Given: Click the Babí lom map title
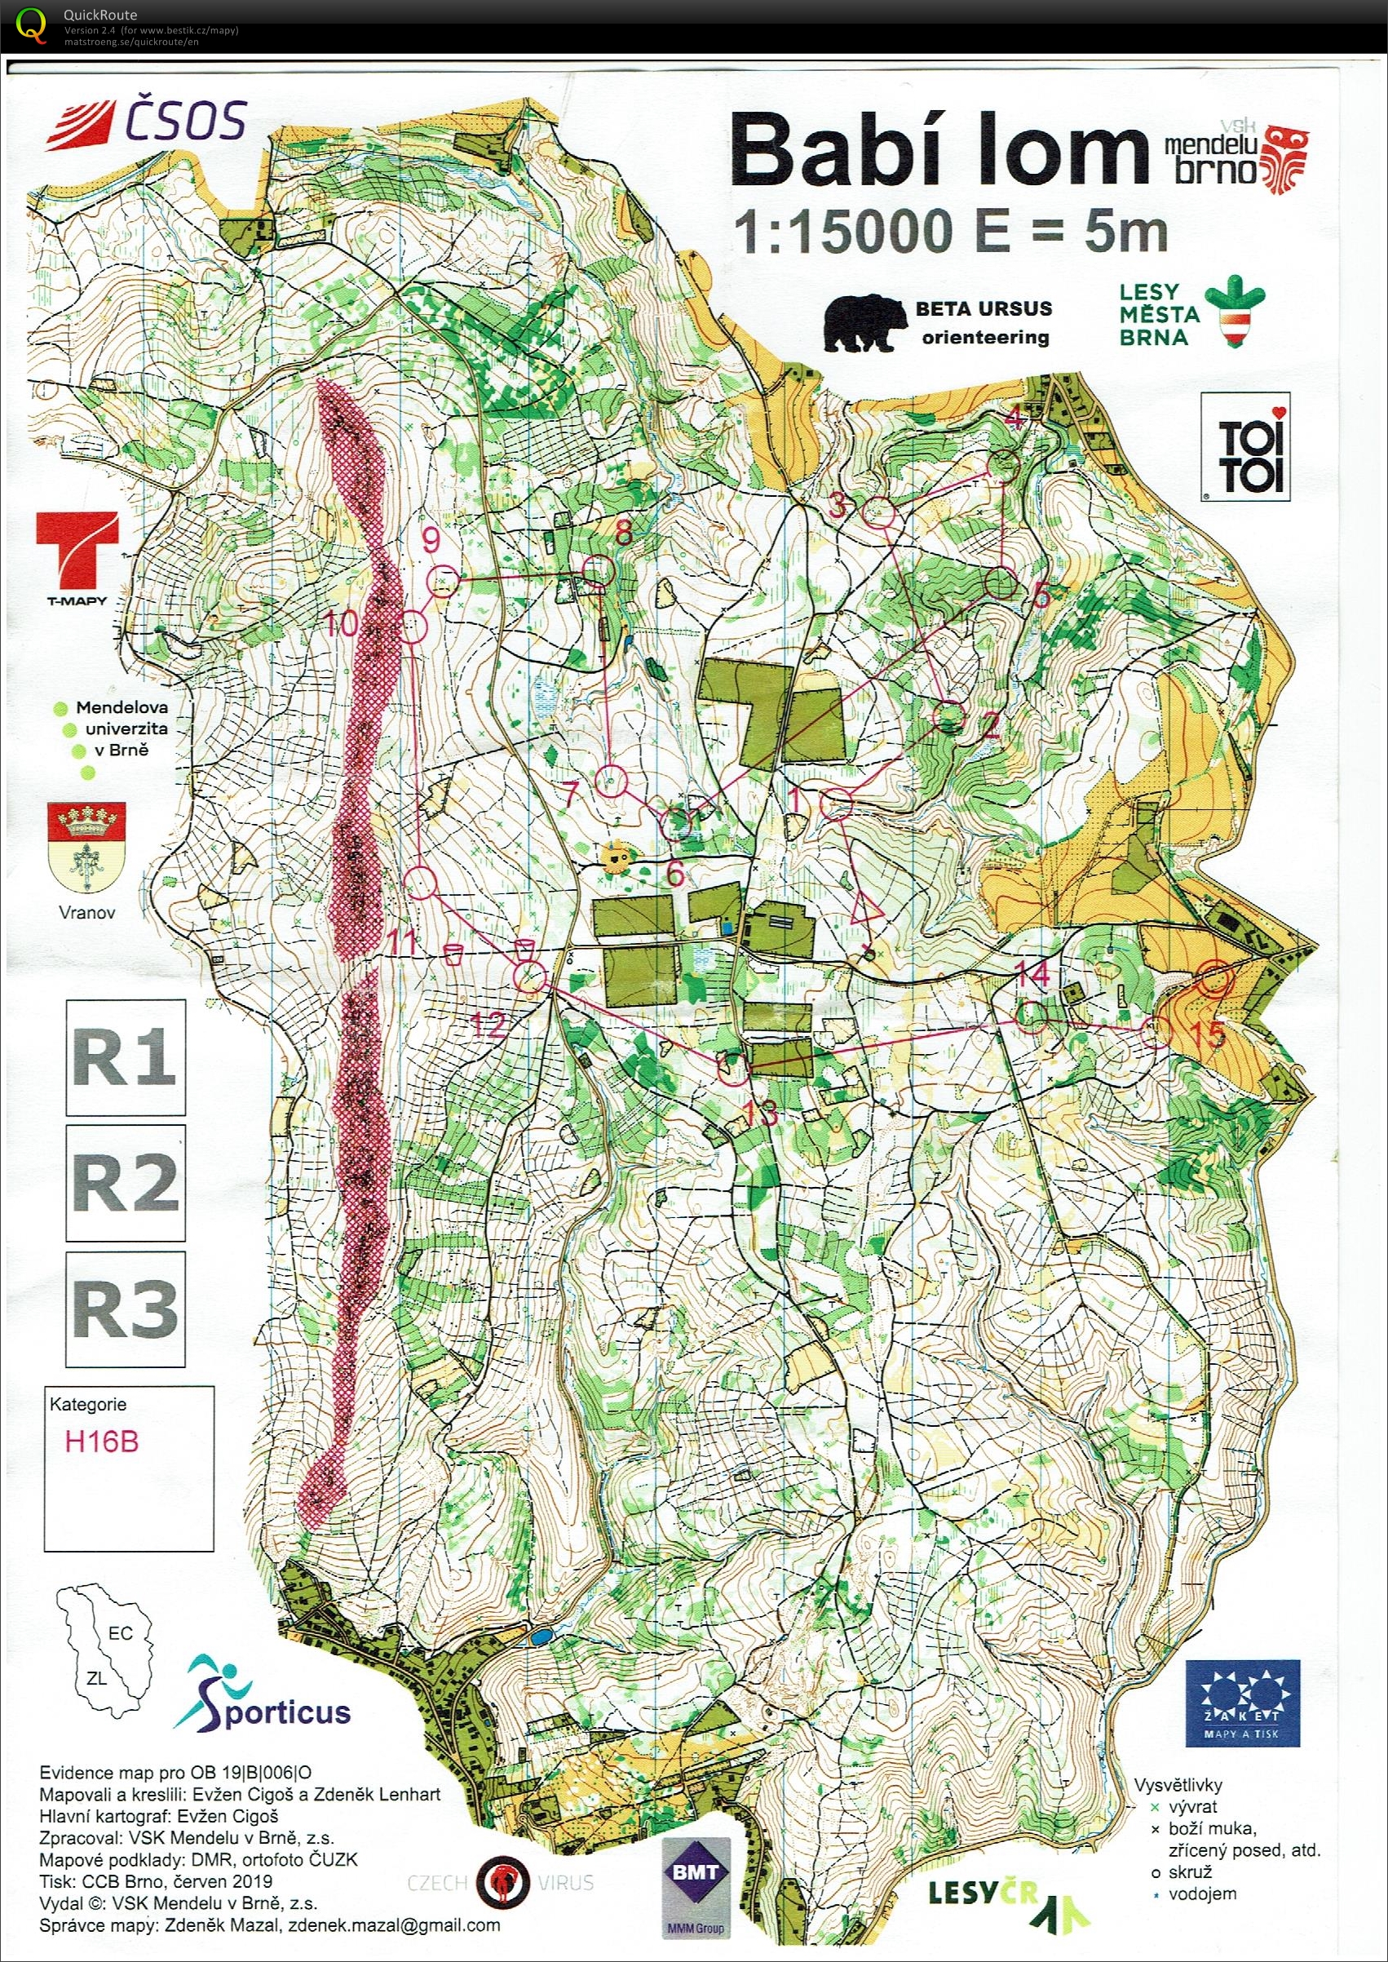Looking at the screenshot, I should coord(936,153).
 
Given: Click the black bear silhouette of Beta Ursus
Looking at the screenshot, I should coord(864,323).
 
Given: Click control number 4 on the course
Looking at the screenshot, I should coord(1006,465).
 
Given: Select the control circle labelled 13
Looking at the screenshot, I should coord(733,1069).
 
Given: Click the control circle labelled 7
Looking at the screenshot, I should coord(610,780).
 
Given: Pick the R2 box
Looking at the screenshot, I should coord(126,1182).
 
